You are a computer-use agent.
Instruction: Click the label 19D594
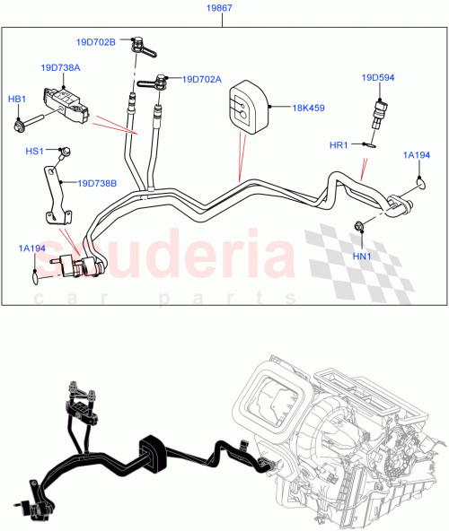(379, 77)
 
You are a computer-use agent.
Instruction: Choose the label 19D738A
(59, 67)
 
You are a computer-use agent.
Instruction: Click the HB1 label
(18, 99)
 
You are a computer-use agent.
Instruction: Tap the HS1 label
(34, 152)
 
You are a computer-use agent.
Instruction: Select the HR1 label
(339, 144)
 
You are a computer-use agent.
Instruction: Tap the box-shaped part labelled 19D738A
(73, 102)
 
